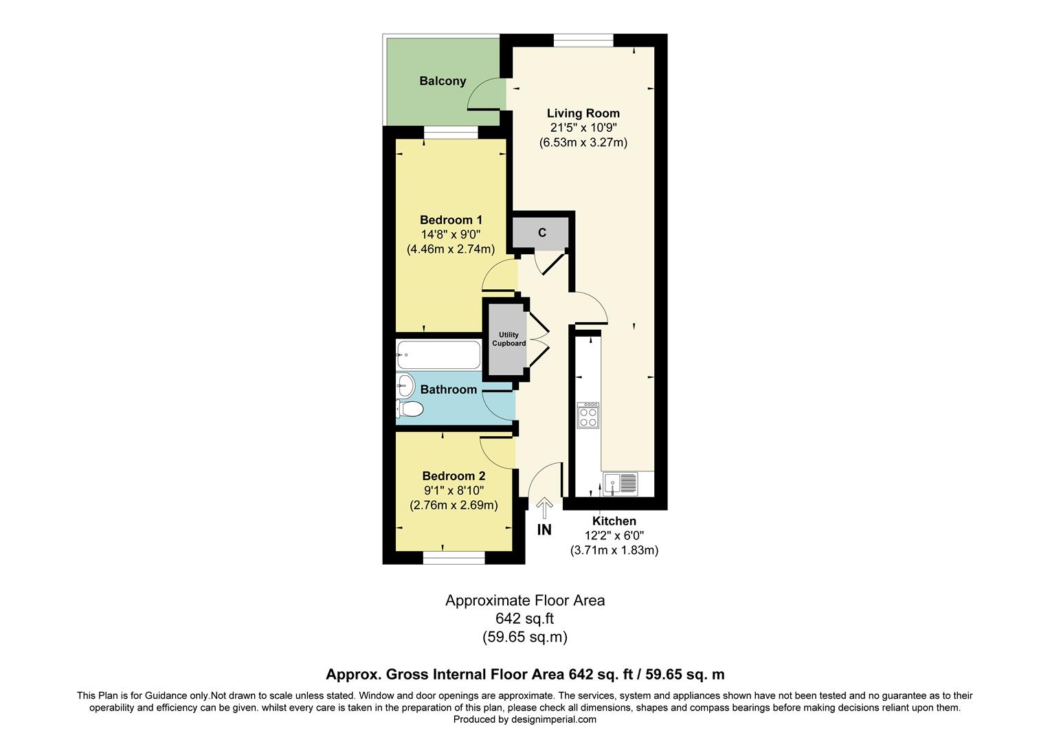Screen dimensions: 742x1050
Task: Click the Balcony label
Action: [443, 81]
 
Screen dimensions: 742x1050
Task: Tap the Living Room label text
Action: [583, 113]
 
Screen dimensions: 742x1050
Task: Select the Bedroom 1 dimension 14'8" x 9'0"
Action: [451, 234]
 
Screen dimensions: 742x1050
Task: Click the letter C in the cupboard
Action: [541, 233]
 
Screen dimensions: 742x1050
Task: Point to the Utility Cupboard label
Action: [509, 339]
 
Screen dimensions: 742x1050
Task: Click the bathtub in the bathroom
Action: [438, 355]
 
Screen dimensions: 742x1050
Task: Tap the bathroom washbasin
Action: [403, 385]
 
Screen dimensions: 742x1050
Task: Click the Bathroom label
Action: [448, 390]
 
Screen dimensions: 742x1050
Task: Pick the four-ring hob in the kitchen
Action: [588, 416]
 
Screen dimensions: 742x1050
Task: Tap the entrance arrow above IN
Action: [544, 508]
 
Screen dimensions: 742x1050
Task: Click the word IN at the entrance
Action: [544, 530]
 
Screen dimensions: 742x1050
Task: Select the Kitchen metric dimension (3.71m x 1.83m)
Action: [614, 550]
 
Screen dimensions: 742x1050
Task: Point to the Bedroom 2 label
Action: [454, 476]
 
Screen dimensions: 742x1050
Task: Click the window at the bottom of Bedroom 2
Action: [454, 558]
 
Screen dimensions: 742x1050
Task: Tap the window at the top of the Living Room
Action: [583, 40]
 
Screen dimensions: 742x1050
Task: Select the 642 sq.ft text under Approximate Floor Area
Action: [524, 618]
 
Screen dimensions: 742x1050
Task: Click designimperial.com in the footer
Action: [553, 719]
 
